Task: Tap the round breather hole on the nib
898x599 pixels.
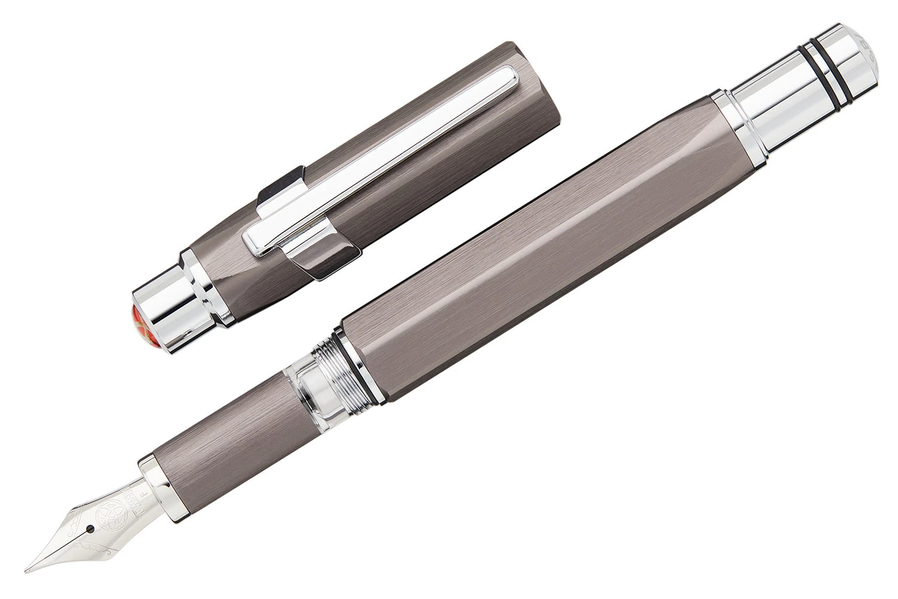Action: point(90,511)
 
